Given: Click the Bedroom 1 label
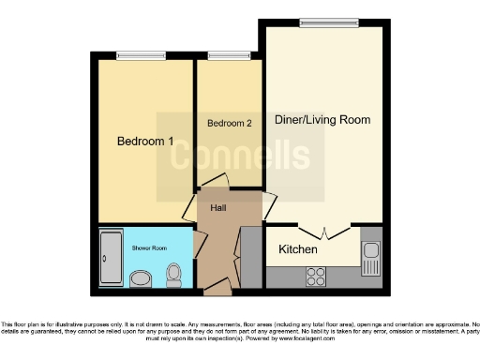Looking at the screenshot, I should click(x=145, y=142).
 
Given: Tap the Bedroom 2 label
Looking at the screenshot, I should click(x=230, y=123).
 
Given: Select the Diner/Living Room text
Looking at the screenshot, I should click(x=322, y=120).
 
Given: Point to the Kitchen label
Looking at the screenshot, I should click(x=298, y=250).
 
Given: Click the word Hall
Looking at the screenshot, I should click(x=217, y=208).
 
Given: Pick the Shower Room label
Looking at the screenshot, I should click(x=148, y=248).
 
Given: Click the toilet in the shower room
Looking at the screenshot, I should click(x=173, y=274).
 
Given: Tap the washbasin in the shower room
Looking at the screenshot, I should click(x=141, y=277).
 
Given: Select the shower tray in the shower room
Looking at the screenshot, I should click(x=109, y=257).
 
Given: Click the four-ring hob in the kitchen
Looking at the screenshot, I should click(x=316, y=276).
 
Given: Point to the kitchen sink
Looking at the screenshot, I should click(x=371, y=251).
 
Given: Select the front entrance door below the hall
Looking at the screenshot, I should click(x=217, y=284).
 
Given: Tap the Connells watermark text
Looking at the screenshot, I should click(x=239, y=156).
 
